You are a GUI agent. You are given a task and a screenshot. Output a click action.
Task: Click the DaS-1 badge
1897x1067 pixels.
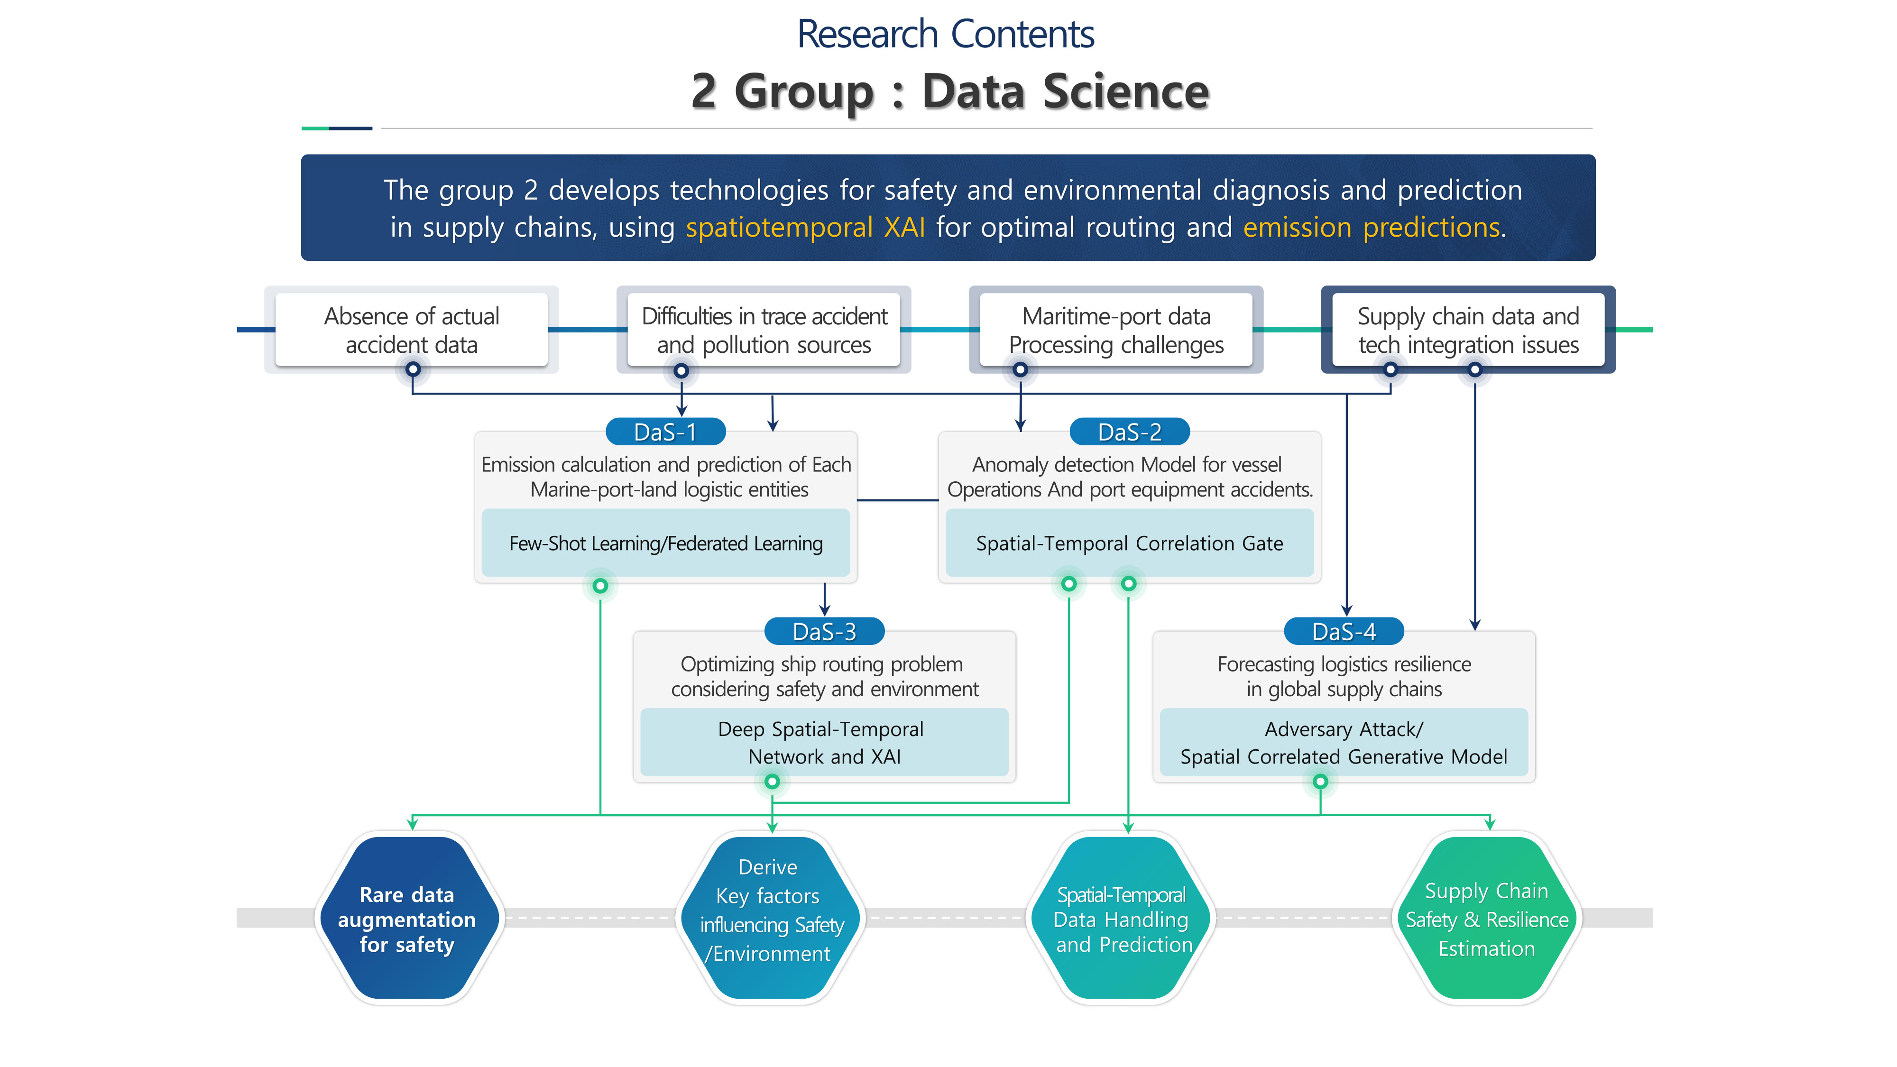click(665, 432)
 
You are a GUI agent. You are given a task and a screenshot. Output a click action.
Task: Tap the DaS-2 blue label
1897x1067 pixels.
click(1129, 432)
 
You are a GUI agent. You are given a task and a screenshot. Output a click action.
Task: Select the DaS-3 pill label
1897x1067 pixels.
click(824, 632)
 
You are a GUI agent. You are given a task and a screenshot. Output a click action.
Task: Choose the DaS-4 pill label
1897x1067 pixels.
click(1343, 632)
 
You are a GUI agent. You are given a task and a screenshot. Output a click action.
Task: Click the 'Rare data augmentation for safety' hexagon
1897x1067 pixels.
click(407, 919)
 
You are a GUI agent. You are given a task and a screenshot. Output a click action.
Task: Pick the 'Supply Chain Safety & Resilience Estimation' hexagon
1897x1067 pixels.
click(1486, 919)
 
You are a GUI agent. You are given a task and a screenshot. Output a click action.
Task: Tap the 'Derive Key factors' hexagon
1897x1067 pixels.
click(770, 911)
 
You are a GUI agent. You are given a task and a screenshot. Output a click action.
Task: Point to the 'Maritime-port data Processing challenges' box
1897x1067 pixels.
click(1115, 330)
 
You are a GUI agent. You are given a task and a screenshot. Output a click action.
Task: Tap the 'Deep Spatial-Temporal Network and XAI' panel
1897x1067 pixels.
click(824, 742)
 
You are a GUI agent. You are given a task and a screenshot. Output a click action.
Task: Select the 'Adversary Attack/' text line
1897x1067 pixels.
click(1343, 729)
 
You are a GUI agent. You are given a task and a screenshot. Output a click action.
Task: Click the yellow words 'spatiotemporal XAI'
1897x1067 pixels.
click(805, 228)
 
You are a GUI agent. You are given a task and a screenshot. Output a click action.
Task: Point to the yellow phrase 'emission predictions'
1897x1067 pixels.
click(1371, 228)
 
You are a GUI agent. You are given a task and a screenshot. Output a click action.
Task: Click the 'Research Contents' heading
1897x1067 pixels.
click(946, 35)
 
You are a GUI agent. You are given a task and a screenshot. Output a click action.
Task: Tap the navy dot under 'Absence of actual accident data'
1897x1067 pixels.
click(413, 369)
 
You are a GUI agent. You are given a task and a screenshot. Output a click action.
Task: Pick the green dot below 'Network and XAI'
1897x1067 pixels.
click(772, 782)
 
